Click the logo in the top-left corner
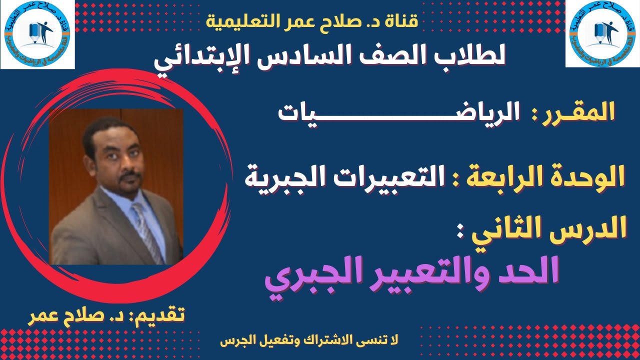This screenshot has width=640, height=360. [x=37, y=34]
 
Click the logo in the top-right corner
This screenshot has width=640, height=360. [x=602, y=34]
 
